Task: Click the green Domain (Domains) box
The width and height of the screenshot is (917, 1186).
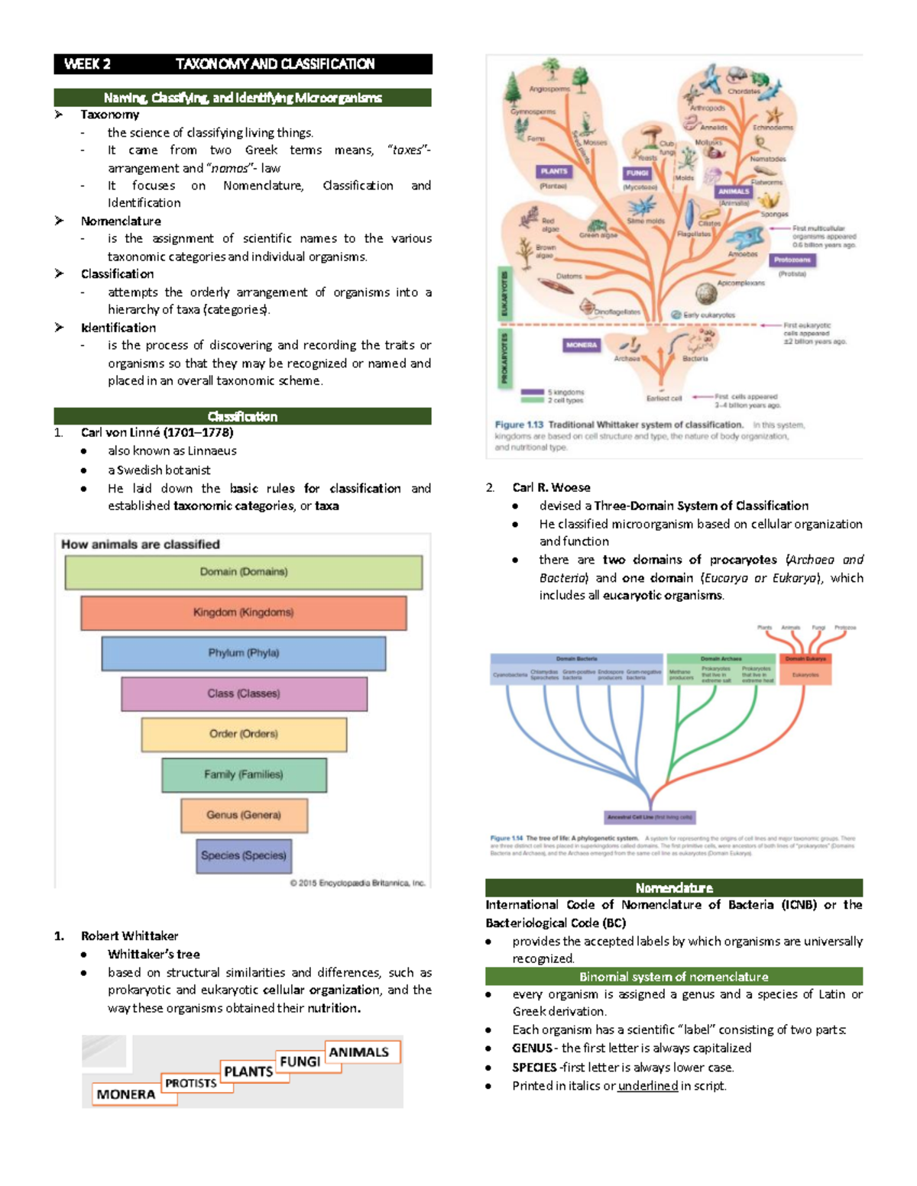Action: (243, 572)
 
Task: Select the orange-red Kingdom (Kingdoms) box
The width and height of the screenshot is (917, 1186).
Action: (243, 612)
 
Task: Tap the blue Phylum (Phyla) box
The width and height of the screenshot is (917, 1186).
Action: (243, 653)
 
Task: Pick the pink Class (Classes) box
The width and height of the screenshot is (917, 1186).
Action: (243, 693)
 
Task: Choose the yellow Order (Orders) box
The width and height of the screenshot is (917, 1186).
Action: (243, 734)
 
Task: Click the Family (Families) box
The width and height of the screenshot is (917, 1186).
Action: (243, 774)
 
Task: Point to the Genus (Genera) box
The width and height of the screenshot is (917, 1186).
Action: (243, 815)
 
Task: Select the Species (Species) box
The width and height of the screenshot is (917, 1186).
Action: (243, 855)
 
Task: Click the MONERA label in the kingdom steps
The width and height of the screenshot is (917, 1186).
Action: (126, 1094)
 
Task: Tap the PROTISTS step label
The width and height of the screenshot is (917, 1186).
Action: (191, 1083)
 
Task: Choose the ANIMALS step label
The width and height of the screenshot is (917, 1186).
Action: (358, 1052)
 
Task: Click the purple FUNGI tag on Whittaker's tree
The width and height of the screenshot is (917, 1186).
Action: (637, 173)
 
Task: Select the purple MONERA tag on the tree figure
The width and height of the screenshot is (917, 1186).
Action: (581, 345)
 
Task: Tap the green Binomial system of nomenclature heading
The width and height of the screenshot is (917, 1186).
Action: (673, 977)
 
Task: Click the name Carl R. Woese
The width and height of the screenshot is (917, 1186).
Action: (551, 487)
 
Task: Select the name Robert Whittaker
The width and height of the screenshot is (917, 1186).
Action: (129, 936)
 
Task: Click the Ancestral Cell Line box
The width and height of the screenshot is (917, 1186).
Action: (650, 817)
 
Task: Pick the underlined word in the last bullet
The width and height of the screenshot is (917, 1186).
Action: (647, 1086)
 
